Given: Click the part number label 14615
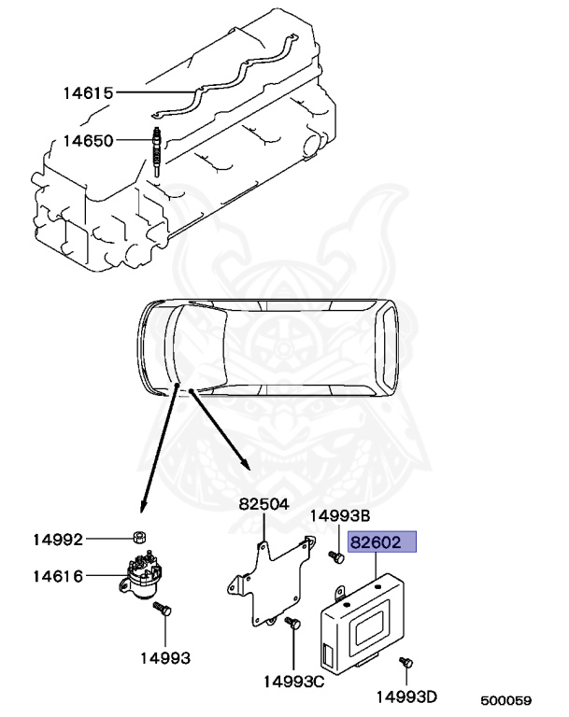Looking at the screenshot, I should point(88,93).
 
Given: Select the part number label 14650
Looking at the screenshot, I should point(88,141).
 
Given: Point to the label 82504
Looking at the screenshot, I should point(263,504).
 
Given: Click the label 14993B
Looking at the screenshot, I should point(341,515).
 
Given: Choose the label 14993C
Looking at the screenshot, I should point(293,681).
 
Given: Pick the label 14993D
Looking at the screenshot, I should point(408,696).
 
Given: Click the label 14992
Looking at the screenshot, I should point(58,540).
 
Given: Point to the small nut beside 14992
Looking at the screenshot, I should point(135,539).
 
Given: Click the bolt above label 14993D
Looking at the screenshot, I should point(405,662).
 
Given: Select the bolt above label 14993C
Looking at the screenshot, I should point(292,626).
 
